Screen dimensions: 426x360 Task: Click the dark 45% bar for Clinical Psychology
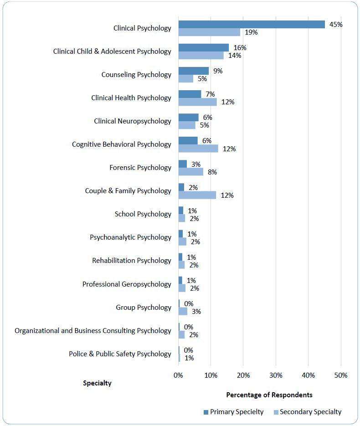(x=251, y=25)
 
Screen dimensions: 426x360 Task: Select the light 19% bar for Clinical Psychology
(x=209, y=32)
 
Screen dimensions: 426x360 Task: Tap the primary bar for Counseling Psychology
(x=194, y=71)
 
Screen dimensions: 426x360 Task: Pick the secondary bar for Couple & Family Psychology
(x=197, y=195)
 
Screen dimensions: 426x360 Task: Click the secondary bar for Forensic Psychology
(x=191, y=172)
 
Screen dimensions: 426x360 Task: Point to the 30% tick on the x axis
(x=276, y=375)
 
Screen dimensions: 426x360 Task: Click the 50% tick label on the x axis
(x=340, y=375)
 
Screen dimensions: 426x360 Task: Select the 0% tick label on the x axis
(x=178, y=375)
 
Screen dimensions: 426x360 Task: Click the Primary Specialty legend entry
(x=233, y=412)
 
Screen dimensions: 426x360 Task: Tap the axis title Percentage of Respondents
(x=269, y=395)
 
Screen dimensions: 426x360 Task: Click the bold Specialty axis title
(x=97, y=383)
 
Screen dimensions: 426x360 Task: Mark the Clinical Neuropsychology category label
(x=133, y=121)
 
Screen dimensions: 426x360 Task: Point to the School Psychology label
(x=143, y=214)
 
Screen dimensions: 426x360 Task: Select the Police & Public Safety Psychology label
(x=120, y=354)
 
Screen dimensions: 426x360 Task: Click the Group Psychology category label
(x=144, y=308)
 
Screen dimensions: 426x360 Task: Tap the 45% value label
(x=336, y=25)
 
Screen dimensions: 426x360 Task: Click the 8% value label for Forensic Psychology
(x=212, y=172)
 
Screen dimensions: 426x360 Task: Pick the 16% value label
(x=240, y=48)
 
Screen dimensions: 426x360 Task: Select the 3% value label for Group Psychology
(x=196, y=312)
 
